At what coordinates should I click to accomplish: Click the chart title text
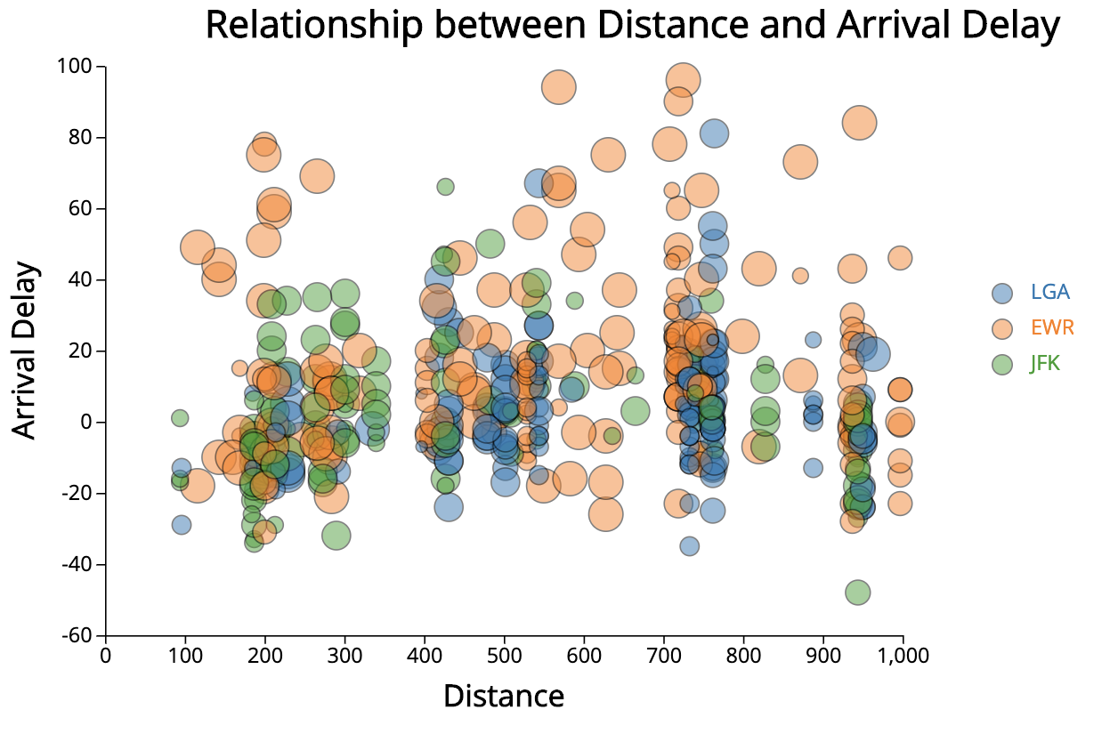coord(632,25)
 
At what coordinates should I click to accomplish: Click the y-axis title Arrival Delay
coord(26,350)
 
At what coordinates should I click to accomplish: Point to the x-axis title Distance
coord(504,696)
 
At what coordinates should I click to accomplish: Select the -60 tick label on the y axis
coord(77,635)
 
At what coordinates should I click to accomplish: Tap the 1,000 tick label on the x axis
coord(903,657)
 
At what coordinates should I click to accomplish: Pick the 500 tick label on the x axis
coord(504,657)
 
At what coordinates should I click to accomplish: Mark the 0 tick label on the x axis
coord(106,657)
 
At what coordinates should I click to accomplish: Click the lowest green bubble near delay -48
coord(857,593)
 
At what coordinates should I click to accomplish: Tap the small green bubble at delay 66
coord(445,187)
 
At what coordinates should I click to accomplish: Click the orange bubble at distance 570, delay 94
coord(559,87)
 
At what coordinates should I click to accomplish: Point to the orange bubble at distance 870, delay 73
coord(800,162)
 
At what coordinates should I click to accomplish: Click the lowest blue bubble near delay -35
coord(689,546)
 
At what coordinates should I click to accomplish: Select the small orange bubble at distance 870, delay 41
coord(800,276)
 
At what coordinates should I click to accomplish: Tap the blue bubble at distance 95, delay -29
coord(182,525)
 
